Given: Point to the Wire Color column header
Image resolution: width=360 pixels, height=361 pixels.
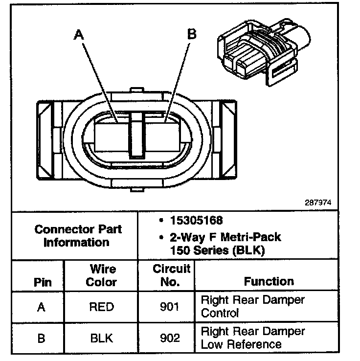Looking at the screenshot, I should click(102, 275).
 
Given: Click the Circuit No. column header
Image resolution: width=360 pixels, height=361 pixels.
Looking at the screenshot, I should click(171, 275).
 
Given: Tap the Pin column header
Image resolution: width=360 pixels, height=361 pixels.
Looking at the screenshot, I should click(42, 282).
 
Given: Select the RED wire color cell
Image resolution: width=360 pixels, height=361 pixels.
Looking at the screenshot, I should click(102, 307).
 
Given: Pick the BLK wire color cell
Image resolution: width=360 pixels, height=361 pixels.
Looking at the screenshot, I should click(102, 338).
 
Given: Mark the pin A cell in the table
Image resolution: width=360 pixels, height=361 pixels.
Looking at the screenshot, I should click(42, 307).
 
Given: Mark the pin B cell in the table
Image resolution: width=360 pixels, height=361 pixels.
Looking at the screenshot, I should click(42, 338).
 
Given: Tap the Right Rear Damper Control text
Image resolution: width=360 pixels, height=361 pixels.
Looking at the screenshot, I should click(252, 306).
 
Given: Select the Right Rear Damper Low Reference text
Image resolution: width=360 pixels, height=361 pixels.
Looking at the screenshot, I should click(252, 338).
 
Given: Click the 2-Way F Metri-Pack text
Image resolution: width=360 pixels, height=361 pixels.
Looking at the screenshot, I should click(225, 237).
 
